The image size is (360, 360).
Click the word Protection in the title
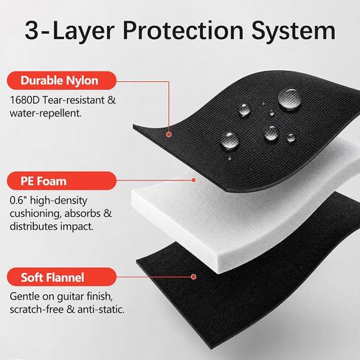183,30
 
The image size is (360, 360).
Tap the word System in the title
294,32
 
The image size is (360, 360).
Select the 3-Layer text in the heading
69,32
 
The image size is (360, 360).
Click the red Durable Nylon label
62,80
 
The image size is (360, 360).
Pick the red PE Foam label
62,181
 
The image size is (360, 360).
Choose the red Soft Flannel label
62,277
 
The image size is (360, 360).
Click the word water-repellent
46,114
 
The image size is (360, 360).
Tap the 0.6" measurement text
18,201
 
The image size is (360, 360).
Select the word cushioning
35,214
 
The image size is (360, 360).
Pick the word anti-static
101,309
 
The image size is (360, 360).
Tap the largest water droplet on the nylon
290,100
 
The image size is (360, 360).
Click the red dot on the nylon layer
168,134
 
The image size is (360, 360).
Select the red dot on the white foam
193,180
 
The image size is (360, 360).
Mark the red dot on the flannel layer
193,277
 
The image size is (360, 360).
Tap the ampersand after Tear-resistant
111,100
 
